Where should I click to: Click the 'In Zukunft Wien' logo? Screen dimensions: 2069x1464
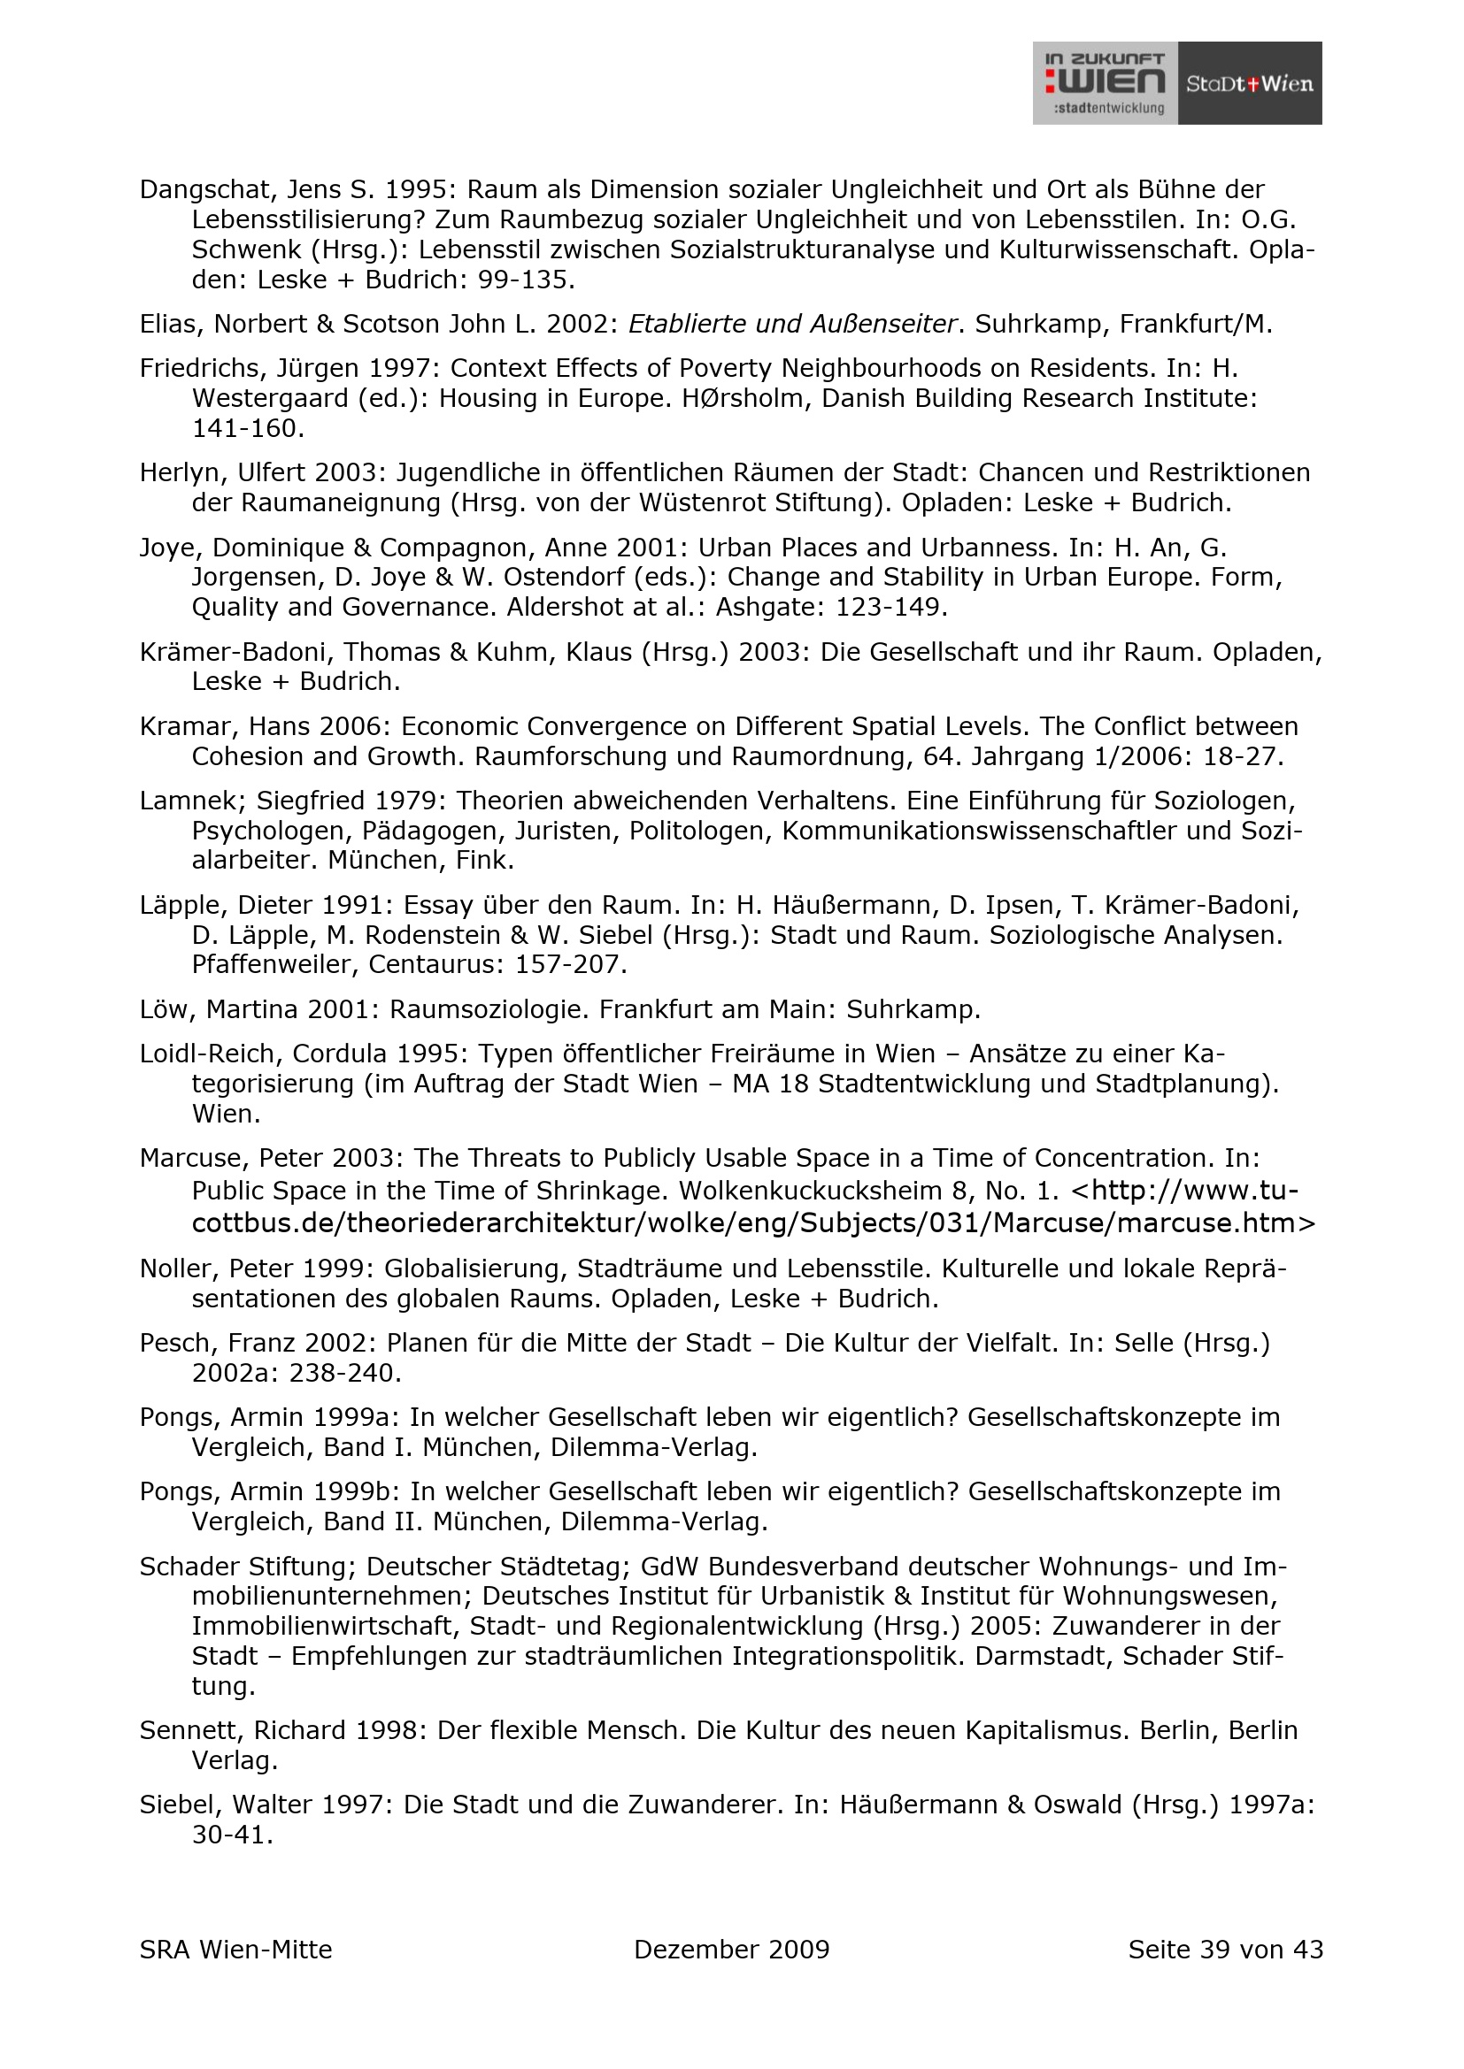(x=1105, y=83)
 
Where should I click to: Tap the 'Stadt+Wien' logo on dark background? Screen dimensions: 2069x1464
(x=1250, y=84)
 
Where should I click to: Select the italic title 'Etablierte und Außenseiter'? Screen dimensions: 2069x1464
(x=791, y=325)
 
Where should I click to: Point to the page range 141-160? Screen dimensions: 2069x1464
(x=248, y=429)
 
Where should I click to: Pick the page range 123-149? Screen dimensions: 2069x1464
(x=890, y=608)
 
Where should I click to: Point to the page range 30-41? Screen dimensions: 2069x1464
(x=232, y=1835)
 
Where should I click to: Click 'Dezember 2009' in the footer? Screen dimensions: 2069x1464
(x=731, y=1950)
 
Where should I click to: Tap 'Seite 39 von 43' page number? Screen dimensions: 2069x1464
(x=1225, y=1950)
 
